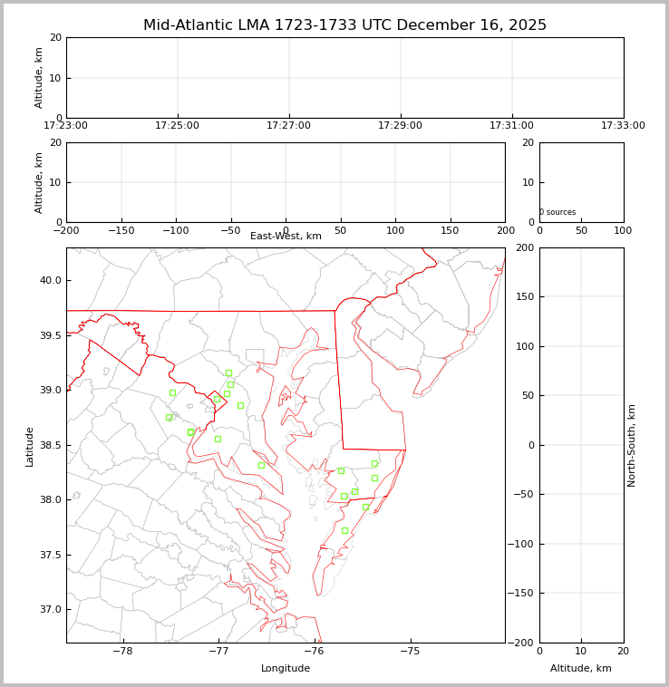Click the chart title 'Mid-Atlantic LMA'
tap(344, 25)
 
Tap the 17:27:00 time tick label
tap(288, 126)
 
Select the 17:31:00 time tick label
tap(511, 126)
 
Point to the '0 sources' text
tap(557, 212)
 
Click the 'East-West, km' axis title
tap(286, 237)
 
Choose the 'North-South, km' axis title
tap(632, 445)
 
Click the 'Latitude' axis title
tap(30, 446)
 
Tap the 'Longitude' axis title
tap(286, 669)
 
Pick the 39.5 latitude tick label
tap(49, 335)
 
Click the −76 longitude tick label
tap(313, 650)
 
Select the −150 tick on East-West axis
tap(121, 228)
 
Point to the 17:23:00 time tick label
tap(66, 126)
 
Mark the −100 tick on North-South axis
tap(524, 544)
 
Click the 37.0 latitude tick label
tap(49, 609)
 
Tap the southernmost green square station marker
tap(344, 530)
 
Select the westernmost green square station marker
tap(169, 417)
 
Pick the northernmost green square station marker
tap(228, 373)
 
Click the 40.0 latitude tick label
tap(49, 280)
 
